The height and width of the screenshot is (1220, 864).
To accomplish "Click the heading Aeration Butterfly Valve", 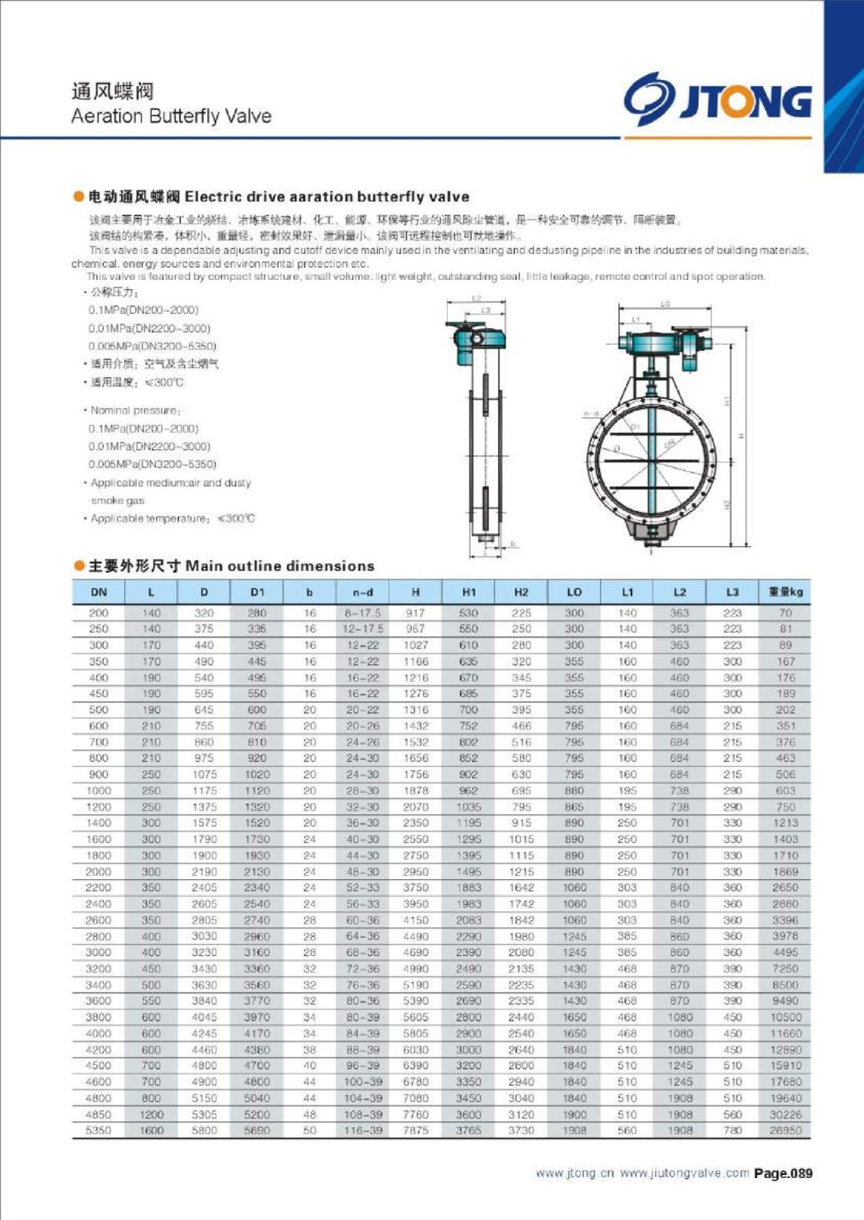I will (x=171, y=116).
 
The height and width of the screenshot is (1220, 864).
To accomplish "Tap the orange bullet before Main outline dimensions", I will (x=79, y=566).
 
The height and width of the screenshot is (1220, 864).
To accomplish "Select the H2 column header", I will (x=521, y=592).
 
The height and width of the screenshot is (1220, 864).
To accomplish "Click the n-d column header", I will (x=362, y=592).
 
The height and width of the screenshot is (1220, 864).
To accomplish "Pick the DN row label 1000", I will (x=99, y=791).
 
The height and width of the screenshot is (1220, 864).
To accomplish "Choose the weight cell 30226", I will (x=785, y=1114).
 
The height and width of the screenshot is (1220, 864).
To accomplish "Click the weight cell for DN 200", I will (x=785, y=612).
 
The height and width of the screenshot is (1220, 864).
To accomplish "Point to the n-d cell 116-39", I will (x=362, y=1130).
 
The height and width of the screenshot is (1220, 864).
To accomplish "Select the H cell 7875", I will (x=416, y=1130).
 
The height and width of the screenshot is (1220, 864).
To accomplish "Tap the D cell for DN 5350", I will (x=204, y=1130).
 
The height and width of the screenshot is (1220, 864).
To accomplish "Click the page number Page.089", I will (x=783, y=1173).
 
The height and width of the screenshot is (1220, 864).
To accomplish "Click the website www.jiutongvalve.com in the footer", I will (x=684, y=1173).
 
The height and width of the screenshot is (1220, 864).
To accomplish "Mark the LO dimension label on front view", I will (x=665, y=304).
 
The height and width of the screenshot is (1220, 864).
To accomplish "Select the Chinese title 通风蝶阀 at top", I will (x=113, y=91).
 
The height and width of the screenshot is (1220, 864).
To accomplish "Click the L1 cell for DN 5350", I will (x=627, y=1130).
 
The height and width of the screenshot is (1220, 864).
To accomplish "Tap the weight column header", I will (x=785, y=592).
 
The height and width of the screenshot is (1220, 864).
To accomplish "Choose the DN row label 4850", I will (x=99, y=1114).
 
